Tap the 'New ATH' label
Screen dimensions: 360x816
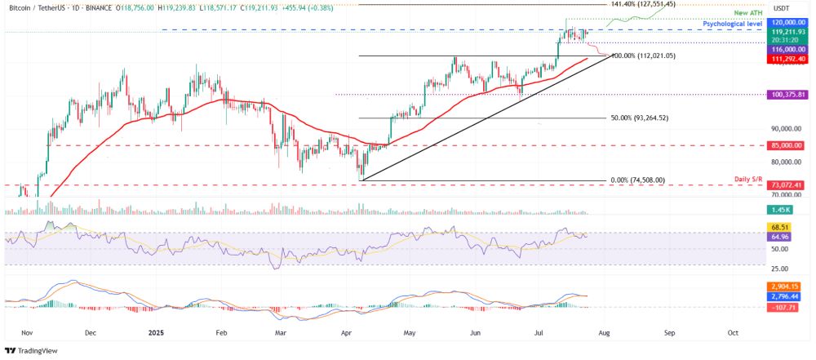(747, 15)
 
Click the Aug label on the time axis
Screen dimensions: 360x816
(605, 332)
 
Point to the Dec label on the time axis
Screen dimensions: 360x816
(91, 332)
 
